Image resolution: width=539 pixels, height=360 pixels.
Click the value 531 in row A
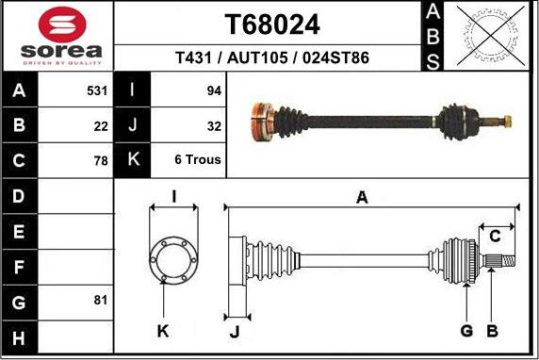(x=97, y=91)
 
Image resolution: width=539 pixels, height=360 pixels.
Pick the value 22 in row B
(x=101, y=125)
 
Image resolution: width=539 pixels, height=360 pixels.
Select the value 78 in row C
(x=101, y=160)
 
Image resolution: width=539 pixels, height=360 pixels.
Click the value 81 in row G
(x=101, y=301)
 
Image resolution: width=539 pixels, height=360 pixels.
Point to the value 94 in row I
(x=214, y=91)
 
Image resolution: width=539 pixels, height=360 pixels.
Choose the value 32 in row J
(x=214, y=125)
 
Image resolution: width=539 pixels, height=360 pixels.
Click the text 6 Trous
(x=198, y=160)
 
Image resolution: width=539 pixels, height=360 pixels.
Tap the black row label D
(x=20, y=196)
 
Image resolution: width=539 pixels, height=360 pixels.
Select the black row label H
(x=20, y=336)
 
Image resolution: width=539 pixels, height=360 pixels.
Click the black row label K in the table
(x=133, y=160)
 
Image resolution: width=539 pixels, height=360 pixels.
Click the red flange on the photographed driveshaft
(x=257, y=123)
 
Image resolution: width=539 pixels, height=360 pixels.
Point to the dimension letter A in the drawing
(x=361, y=197)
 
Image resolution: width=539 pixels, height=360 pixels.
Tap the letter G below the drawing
(x=465, y=331)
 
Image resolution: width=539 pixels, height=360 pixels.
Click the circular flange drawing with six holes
(x=173, y=255)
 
